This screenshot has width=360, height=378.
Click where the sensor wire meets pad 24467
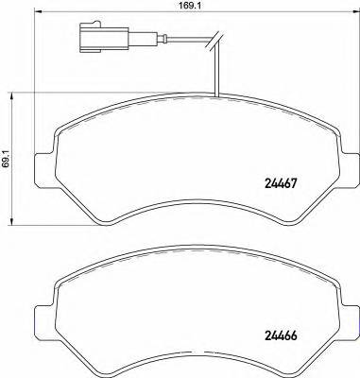tap(217, 96)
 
